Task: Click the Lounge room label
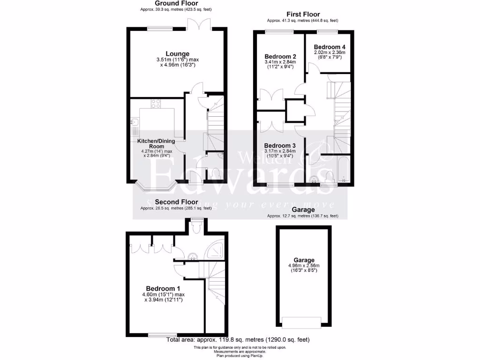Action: click(177, 54)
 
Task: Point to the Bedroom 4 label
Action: click(329, 47)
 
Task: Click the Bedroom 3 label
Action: click(279, 145)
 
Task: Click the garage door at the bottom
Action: click(301, 322)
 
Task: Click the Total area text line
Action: click(238, 340)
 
